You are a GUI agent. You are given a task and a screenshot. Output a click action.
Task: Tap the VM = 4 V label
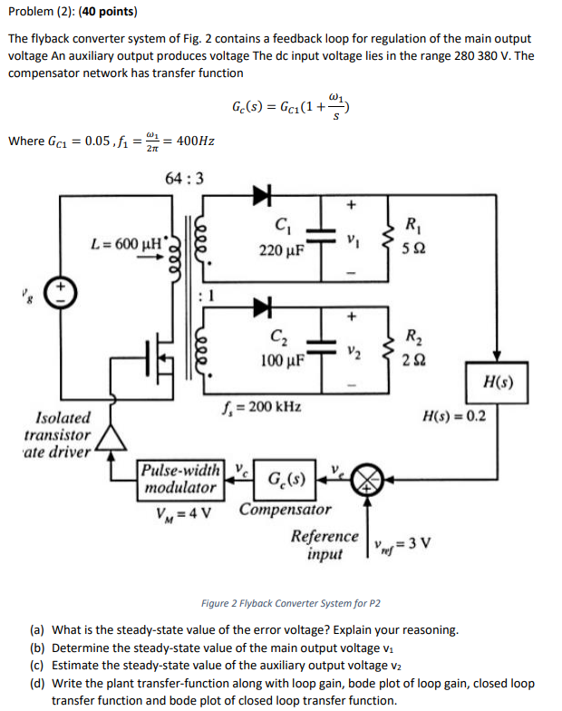pos(184,507)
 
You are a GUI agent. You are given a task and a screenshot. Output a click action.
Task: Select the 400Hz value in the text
pos(198,141)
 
